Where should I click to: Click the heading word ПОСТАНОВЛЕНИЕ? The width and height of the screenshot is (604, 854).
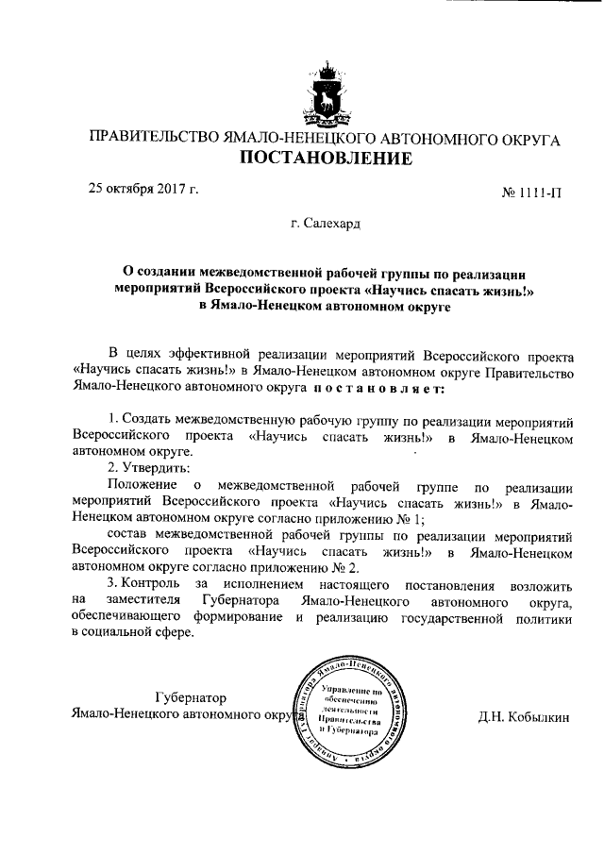[324, 158]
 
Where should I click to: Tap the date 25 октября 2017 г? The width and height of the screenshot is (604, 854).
[143, 188]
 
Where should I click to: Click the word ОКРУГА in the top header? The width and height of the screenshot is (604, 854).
[527, 138]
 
